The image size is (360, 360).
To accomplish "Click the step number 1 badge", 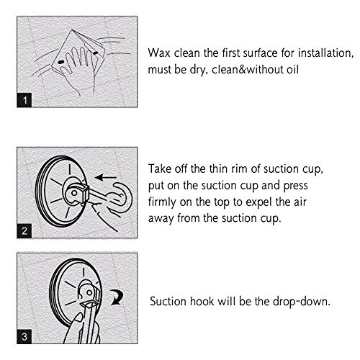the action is tap(24, 100).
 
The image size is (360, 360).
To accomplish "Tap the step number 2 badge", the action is tap(24, 231).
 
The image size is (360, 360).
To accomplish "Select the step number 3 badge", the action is tap(24, 336).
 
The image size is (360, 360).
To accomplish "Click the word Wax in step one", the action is tap(159, 53).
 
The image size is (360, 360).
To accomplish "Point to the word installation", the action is tap(325, 53).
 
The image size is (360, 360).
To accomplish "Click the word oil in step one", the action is tap(292, 70).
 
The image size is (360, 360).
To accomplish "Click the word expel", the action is tap(260, 203).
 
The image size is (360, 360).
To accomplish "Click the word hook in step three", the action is tap(202, 301).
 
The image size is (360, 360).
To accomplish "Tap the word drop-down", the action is tap(302, 302).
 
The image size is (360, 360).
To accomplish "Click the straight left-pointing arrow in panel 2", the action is tap(105, 178).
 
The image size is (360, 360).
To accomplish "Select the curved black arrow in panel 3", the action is tap(117, 297).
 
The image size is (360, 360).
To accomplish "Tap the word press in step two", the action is tap(295, 186).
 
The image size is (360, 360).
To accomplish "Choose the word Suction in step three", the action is tap(168, 301).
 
